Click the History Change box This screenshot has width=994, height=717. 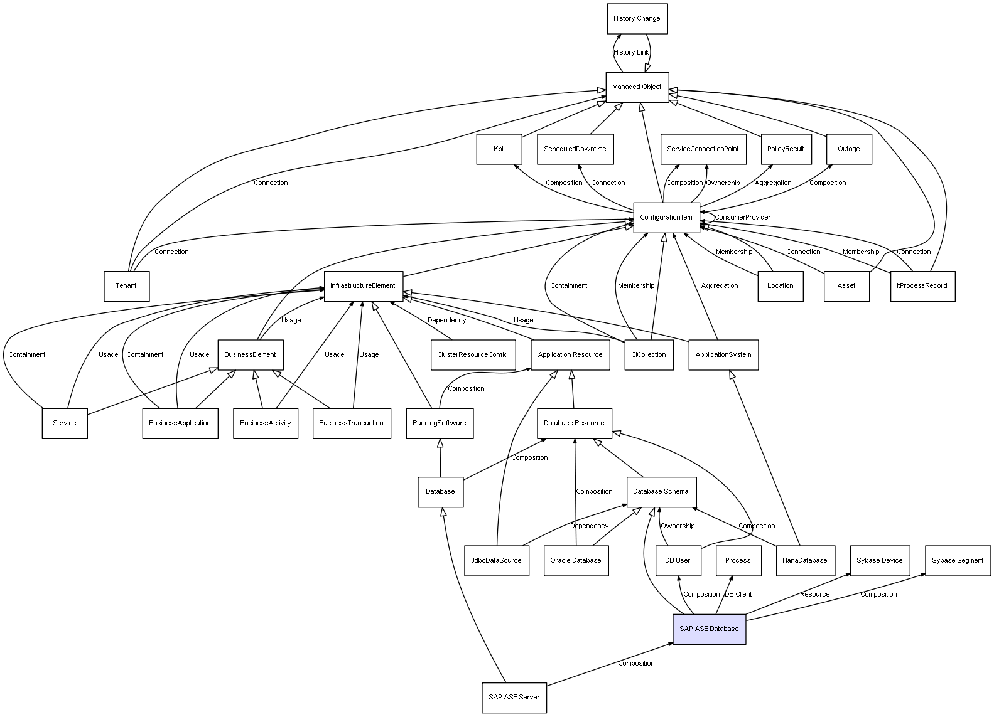click(637, 19)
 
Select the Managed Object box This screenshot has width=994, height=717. click(637, 87)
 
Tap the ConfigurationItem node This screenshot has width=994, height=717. click(666, 218)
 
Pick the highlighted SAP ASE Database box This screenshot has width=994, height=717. click(709, 629)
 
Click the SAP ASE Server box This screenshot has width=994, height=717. click(514, 697)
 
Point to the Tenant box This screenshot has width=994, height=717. click(126, 286)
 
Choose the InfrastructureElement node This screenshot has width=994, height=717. click(363, 286)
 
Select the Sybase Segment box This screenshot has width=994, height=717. click(957, 560)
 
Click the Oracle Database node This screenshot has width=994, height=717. click(575, 560)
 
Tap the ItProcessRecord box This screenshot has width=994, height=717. click(922, 286)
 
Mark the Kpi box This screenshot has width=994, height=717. click(499, 149)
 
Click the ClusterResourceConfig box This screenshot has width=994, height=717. click(472, 354)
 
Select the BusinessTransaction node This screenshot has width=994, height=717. click(351, 423)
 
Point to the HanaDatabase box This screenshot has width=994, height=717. click(805, 560)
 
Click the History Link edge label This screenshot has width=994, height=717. click(631, 53)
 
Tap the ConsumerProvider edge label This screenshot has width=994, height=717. click(742, 218)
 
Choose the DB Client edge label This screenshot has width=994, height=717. click(738, 594)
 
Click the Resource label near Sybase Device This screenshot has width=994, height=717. click(814, 594)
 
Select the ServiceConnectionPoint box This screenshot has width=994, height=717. click(703, 149)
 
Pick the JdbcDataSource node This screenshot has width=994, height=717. click(496, 560)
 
